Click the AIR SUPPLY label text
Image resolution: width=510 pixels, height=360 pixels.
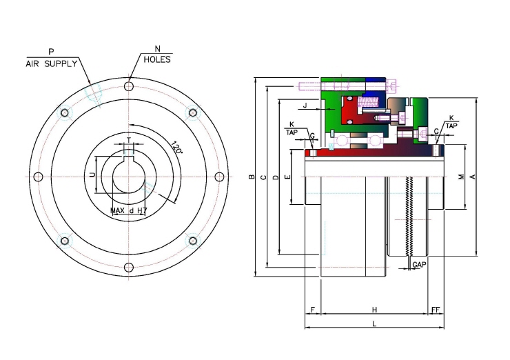point(52,64)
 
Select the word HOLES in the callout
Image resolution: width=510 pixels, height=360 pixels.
point(157,59)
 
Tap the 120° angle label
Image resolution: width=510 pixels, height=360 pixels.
point(176,148)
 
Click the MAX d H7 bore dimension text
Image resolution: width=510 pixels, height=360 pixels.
point(129,211)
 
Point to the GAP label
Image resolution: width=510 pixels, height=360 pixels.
point(419,265)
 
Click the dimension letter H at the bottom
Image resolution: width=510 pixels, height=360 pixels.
point(374,310)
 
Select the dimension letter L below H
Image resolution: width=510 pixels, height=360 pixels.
point(374,324)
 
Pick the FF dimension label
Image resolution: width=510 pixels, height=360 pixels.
point(436,310)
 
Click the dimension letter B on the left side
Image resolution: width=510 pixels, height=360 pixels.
point(252,177)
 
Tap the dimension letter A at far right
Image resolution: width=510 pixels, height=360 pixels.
point(473,177)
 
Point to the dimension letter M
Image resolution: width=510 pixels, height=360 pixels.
point(461,177)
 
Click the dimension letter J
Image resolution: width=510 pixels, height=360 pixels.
point(305,106)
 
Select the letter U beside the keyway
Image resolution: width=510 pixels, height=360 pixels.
point(93,174)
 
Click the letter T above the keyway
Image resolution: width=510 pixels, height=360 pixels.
point(129,140)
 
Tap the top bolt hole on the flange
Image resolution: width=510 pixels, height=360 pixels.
point(129,86)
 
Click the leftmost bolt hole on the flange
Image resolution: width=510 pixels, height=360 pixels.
point(39,177)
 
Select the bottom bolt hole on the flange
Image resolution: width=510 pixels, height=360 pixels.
point(129,268)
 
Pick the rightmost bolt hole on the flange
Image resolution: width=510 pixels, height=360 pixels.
point(220,177)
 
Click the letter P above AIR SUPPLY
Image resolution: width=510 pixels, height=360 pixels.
point(52,52)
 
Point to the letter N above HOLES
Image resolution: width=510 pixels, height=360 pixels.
point(157,49)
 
